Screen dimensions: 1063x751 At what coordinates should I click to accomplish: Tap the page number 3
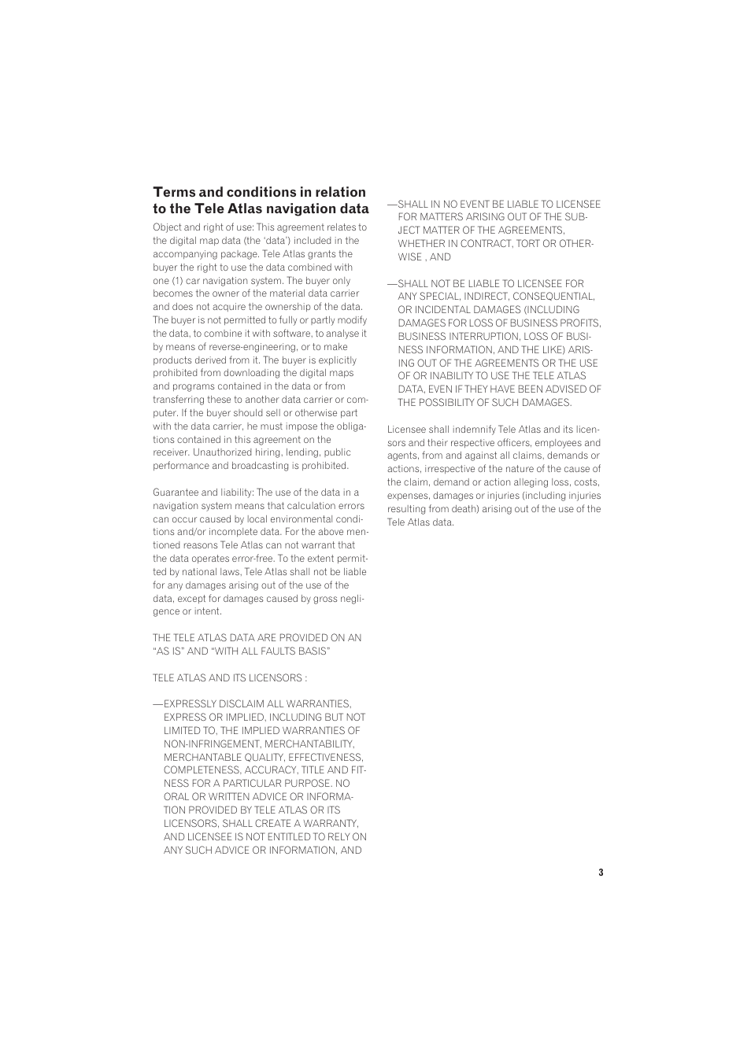tap(601, 872)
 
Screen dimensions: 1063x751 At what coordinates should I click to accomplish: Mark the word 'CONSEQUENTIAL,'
tap(553, 297)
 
